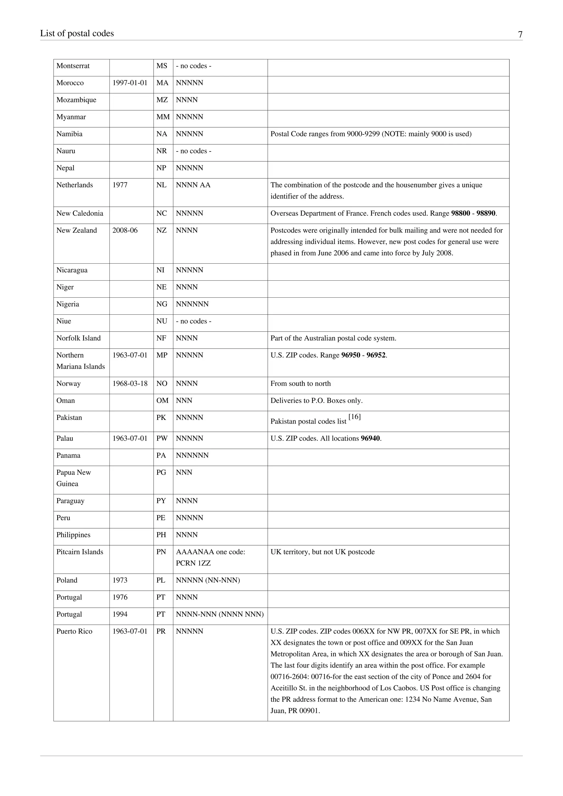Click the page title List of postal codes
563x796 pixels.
(x=77, y=34)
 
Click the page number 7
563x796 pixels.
(x=520, y=35)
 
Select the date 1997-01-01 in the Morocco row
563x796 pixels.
(x=130, y=83)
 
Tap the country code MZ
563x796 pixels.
(x=162, y=100)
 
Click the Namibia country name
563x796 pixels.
(x=69, y=134)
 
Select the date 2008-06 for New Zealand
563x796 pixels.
(x=125, y=230)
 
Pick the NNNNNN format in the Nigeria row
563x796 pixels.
(x=192, y=304)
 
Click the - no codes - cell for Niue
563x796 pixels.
(x=194, y=321)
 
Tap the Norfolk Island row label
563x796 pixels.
(x=78, y=338)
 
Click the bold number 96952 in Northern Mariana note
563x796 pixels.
(x=376, y=355)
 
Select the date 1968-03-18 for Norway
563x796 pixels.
(x=130, y=383)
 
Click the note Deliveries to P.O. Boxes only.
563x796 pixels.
(x=316, y=400)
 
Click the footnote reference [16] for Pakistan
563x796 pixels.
(x=355, y=417)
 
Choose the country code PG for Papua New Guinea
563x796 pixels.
(x=161, y=472)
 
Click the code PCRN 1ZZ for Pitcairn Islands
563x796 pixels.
(x=193, y=563)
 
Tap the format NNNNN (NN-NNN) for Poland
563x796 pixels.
(x=208, y=580)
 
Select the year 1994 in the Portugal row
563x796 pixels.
(x=120, y=614)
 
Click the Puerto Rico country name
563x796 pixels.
(x=74, y=631)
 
